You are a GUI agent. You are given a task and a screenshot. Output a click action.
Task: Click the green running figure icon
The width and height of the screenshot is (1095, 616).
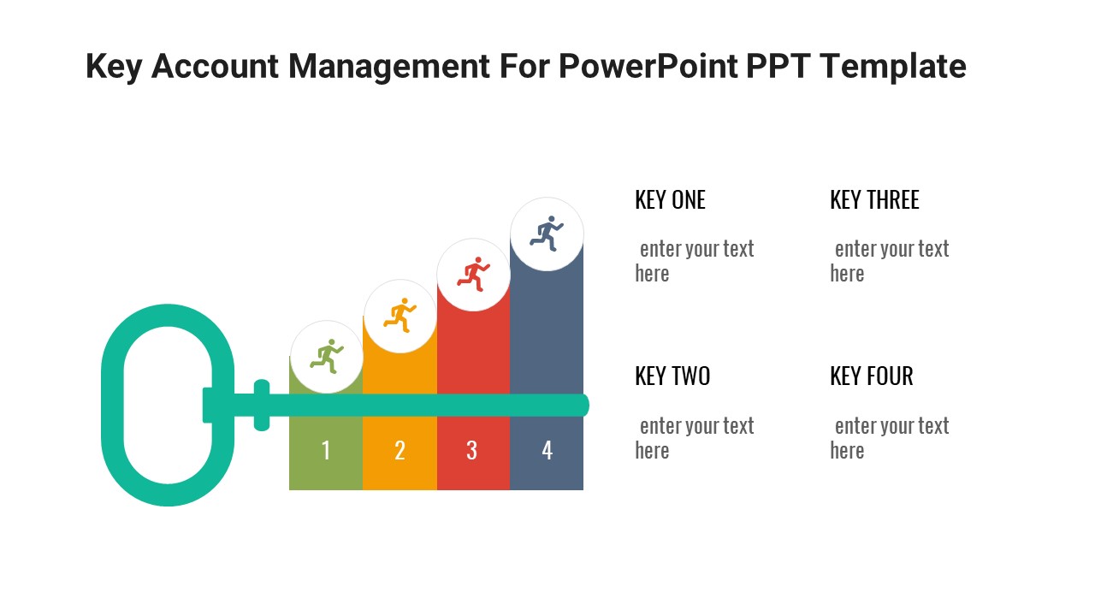point(326,356)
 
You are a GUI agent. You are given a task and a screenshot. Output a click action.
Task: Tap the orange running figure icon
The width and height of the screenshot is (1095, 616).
point(400,315)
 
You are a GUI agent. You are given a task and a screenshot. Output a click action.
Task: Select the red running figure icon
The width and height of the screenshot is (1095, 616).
point(473,273)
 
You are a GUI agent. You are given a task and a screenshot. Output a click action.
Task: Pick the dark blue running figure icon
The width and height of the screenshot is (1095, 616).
point(547,233)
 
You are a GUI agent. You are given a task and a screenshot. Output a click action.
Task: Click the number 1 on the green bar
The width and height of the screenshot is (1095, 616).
point(326,450)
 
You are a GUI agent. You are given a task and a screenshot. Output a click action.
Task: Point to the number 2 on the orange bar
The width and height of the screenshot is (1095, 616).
point(400,450)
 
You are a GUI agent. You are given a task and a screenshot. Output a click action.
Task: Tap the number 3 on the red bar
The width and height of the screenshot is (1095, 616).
point(472,450)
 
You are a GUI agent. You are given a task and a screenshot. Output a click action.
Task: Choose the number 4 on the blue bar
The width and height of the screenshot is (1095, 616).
point(547,450)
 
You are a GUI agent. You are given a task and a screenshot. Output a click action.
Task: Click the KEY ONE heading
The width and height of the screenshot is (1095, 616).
point(670,200)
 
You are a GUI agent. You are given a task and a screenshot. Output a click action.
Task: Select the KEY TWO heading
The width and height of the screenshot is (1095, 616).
point(672,376)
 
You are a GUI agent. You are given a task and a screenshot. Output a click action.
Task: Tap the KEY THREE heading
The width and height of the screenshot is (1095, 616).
point(874,200)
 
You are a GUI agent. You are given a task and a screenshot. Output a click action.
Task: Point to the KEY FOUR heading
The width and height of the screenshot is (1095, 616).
point(871,376)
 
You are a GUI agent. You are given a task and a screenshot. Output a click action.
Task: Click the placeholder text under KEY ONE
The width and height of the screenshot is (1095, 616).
point(695,261)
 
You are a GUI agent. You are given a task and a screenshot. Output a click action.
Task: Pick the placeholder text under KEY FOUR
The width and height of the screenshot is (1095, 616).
point(890,438)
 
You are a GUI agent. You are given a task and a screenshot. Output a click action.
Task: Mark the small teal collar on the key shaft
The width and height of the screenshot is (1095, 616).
point(262,406)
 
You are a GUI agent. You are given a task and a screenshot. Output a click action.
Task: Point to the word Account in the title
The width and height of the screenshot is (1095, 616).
point(215,67)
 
